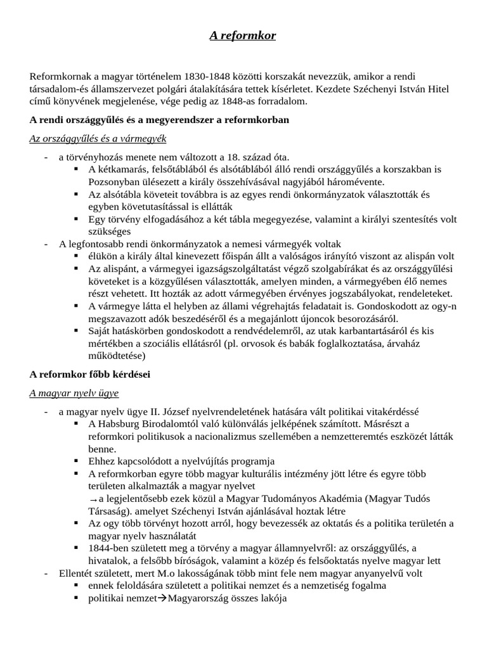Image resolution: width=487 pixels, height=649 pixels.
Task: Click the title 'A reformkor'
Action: [243, 36]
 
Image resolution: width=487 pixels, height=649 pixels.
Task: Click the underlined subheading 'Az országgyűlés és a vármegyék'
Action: [98, 138]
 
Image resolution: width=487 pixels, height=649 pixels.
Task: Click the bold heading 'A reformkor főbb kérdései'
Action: [89, 375]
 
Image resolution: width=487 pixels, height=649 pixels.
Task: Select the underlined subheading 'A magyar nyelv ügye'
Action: [74, 393]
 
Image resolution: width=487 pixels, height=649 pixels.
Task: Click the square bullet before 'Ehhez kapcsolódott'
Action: [76, 461]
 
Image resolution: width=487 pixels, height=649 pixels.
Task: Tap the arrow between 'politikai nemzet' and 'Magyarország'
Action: [162, 598]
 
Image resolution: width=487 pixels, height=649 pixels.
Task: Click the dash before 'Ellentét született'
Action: [46, 574]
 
